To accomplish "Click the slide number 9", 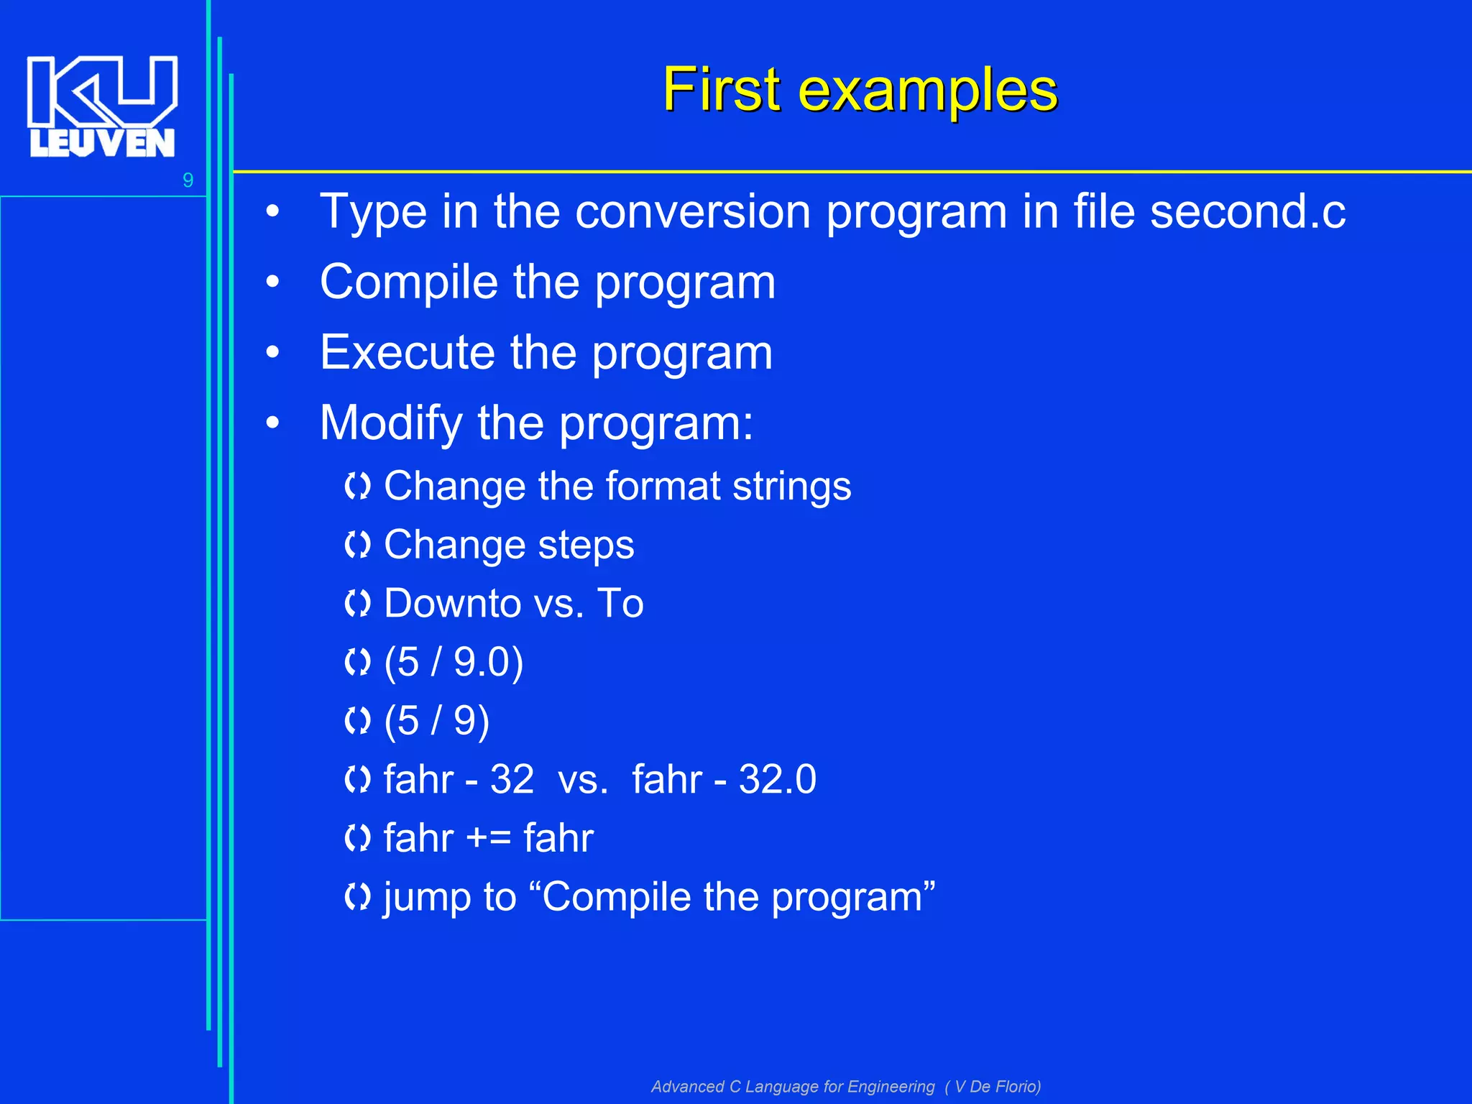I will (188, 180).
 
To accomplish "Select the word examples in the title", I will (928, 91).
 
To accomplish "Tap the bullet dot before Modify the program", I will (272, 423).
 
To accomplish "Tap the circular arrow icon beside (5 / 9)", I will (357, 722).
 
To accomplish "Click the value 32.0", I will (777, 780).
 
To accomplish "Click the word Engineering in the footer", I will (891, 1087).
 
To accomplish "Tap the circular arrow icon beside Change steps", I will (357, 546).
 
